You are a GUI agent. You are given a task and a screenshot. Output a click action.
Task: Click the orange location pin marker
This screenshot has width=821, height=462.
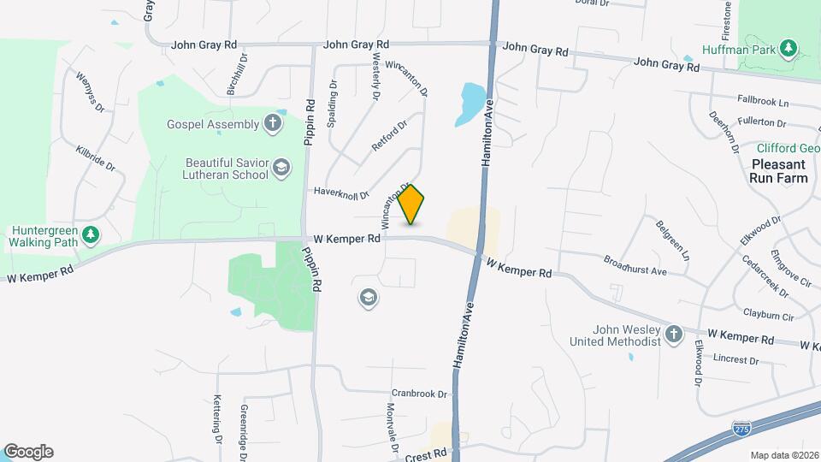[411, 204]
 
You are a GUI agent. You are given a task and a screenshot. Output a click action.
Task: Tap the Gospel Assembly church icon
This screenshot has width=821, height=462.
[273, 124]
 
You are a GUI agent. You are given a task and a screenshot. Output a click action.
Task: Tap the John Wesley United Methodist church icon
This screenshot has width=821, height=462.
[674, 335]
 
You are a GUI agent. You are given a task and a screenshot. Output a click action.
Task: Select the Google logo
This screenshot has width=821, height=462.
[28, 452]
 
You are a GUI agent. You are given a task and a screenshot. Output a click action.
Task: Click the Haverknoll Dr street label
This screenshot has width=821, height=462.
[340, 192]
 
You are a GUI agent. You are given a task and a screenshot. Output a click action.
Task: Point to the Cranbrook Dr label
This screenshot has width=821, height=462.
[420, 394]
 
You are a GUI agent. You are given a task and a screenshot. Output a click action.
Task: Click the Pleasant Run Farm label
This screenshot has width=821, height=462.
[778, 171]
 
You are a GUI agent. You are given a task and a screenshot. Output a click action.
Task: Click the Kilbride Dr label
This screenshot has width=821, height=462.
[95, 158]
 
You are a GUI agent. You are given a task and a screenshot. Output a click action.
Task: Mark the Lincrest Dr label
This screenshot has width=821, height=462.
[735, 360]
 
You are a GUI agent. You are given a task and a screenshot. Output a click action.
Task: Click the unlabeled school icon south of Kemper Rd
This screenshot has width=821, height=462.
[369, 298]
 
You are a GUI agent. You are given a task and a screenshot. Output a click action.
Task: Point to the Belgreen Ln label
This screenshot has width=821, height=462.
[672, 240]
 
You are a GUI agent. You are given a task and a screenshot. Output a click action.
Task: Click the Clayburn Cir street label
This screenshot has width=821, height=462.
[770, 316]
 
